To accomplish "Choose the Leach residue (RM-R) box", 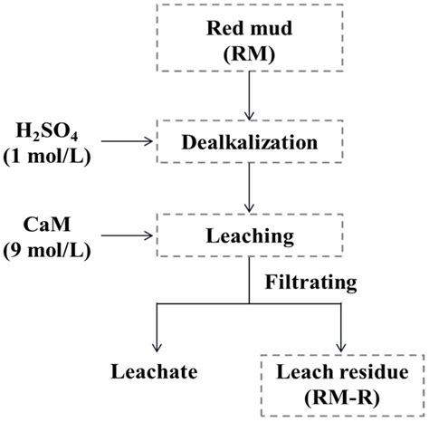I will coord(342,384).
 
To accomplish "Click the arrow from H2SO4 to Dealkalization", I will coord(131,141).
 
